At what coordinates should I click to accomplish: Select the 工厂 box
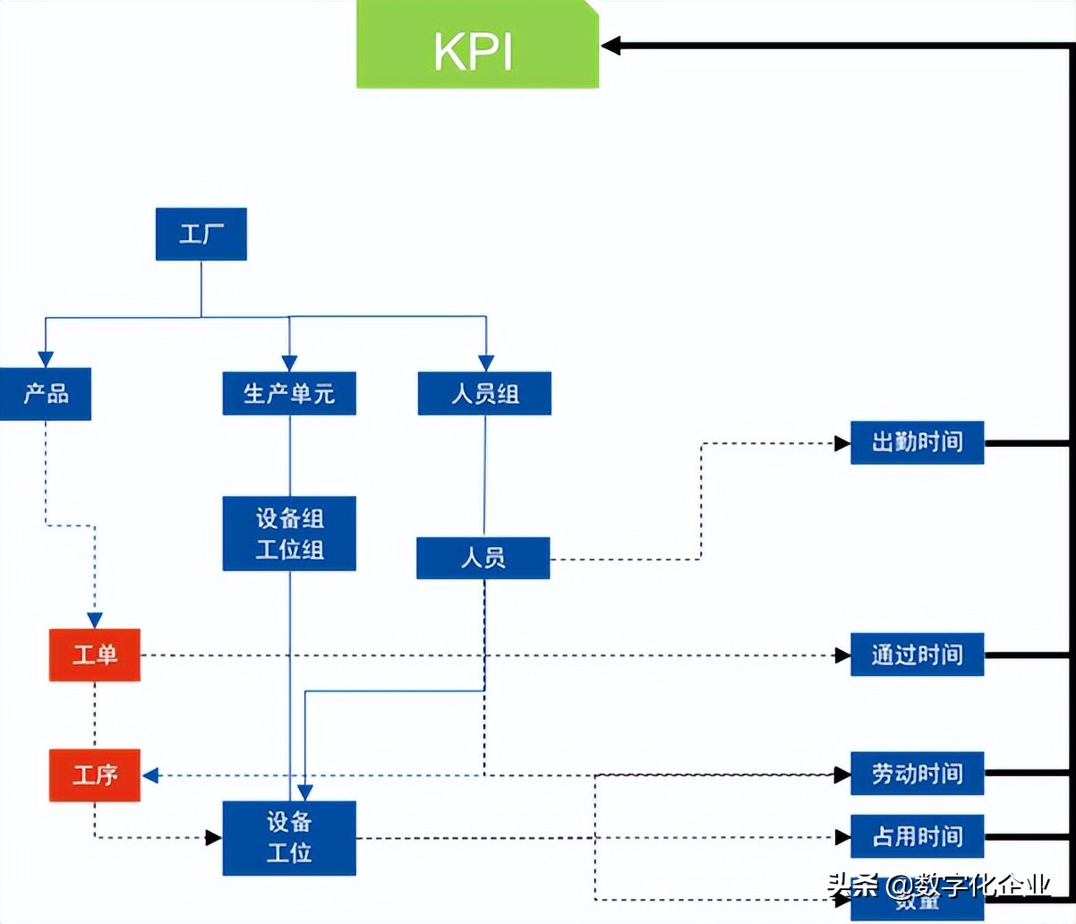tap(201, 235)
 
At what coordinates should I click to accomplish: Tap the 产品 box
tap(46, 394)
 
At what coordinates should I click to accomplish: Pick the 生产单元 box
tap(289, 394)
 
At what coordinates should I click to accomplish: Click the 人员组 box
tap(484, 394)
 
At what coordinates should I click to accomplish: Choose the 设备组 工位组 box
tap(289, 534)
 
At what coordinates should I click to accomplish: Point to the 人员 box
tap(483, 558)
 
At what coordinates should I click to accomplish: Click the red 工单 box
tap(95, 654)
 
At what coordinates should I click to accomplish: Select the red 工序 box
tap(95, 774)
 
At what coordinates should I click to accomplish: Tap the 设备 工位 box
tap(289, 838)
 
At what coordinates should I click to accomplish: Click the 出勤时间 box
tap(917, 442)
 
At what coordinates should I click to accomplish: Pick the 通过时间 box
tap(917, 654)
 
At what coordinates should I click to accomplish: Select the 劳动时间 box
tap(917, 774)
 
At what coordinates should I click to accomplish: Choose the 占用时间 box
tap(917, 836)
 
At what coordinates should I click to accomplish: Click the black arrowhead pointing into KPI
tap(611, 46)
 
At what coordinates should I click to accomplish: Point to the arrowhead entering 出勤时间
tap(841, 443)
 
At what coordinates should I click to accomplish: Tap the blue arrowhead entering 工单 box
tap(95, 620)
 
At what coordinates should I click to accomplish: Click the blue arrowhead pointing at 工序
tap(150, 775)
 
